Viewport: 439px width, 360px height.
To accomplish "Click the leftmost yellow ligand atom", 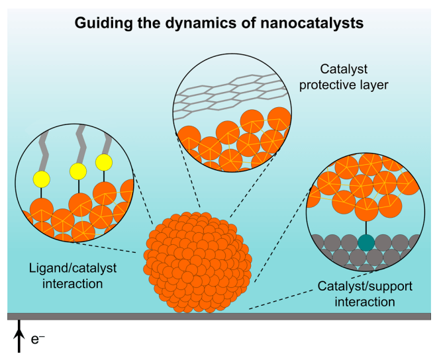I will pyautogui.click(x=42, y=178).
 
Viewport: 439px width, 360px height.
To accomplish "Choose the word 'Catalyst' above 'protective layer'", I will pyautogui.click(x=344, y=68).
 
